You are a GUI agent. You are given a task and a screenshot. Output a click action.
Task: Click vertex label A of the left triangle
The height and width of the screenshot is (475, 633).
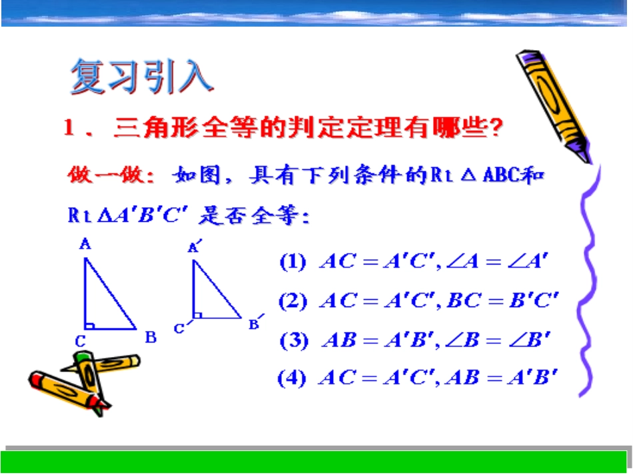click(x=85, y=245)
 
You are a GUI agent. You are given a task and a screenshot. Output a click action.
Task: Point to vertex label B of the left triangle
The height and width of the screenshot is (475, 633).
click(x=151, y=337)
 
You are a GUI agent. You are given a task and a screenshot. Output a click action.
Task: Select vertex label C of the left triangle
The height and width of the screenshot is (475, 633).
click(x=80, y=341)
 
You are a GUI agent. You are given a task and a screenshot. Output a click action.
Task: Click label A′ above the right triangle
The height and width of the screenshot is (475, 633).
click(x=195, y=247)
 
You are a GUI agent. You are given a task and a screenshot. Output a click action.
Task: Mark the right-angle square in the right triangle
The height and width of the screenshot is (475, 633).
click(x=197, y=314)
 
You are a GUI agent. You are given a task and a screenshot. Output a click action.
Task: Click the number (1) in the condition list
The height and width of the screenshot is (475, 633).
click(x=293, y=262)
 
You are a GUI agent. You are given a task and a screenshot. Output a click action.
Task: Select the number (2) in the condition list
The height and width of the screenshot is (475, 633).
click(x=293, y=301)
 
